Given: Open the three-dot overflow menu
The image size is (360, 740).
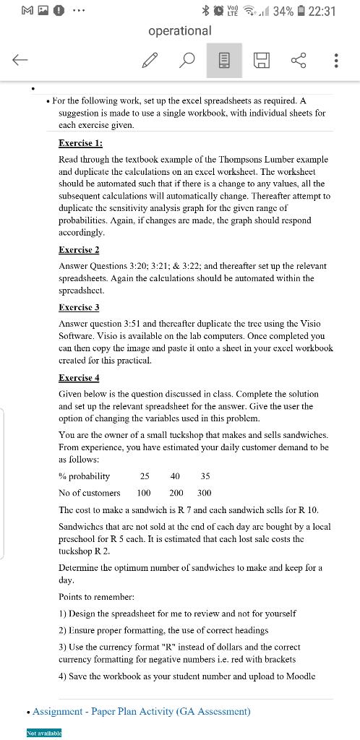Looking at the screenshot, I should [x=336, y=61].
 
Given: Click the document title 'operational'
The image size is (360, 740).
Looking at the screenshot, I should [x=180, y=30].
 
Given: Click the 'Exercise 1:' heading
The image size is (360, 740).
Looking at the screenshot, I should [x=80, y=143].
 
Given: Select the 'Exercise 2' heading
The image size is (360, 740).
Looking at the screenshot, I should [x=79, y=249].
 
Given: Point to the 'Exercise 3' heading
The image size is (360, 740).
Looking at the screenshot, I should [x=79, y=307].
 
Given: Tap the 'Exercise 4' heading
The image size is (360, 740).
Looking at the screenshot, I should [x=79, y=377].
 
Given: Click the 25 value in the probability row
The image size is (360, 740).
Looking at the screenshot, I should [x=145, y=476].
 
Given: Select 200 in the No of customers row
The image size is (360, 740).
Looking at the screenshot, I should [x=176, y=493].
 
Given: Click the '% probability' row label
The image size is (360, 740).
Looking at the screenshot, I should [x=85, y=476].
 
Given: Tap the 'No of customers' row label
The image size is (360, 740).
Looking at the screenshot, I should [x=90, y=493].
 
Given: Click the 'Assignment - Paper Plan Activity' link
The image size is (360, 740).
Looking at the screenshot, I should [x=142, y=711].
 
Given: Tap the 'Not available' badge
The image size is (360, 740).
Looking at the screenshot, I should [x=45, y=733].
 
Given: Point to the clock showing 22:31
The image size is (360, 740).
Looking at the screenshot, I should [x=322, y=11].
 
